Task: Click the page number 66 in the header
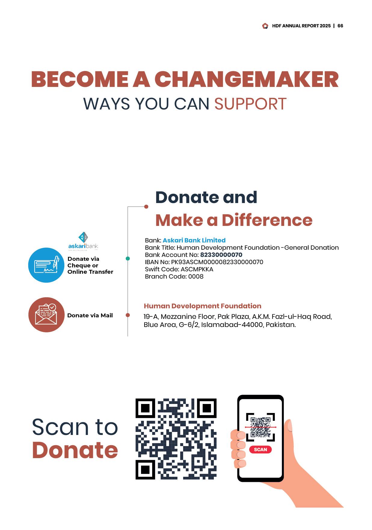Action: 340,26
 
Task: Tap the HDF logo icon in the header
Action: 265,26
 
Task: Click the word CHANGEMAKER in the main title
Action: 247,79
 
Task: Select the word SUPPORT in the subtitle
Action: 250,104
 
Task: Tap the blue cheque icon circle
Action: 46,265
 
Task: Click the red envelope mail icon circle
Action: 46,315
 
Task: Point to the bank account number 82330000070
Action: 221,255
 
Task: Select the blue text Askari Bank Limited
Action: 194,240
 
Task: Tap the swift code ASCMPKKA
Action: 197,269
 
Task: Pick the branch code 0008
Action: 196,276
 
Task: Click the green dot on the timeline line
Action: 128,258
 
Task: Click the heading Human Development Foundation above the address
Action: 202,306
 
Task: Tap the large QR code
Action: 176,439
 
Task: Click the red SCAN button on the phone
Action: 260,449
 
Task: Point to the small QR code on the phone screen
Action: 260,427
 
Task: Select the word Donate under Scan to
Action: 75,450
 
